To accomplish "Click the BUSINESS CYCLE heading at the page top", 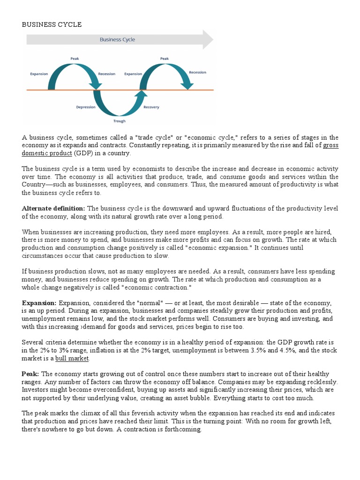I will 52,25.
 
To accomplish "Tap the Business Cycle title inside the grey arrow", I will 117,40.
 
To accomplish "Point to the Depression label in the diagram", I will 86,107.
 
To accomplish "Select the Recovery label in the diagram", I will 151,107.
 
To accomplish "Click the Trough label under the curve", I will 120,121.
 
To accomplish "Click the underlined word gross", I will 331,145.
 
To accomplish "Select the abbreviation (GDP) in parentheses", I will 82,153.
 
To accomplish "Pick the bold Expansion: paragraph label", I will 39,303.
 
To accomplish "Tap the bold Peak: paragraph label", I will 31,374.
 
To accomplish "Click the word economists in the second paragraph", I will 146,169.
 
